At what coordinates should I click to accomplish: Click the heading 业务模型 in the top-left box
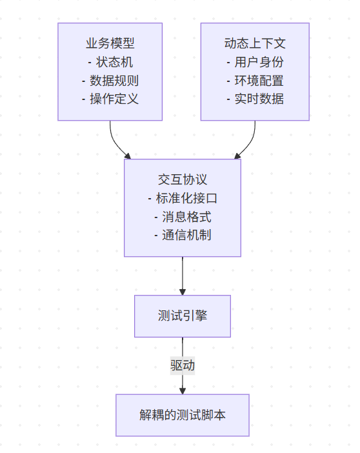pyautogui.click(x=110, y=44)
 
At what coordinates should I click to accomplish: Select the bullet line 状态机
pyautogui.click(x=110, y=63)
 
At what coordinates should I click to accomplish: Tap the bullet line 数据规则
pyautogui.click(x=110, y=81)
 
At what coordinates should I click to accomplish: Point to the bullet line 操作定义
pyautogui.click(x=110, y=99)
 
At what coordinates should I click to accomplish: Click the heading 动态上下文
pyautogui.click(x=255, y=44)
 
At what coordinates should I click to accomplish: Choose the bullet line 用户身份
pyautogui.click(x=255, y=63)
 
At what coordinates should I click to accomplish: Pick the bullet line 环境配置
pyautogui.click(x=255, y=81)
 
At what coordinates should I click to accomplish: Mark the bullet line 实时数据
pyautogui.click(x=255, y=99)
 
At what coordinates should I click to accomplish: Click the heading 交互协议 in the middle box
pyautogui.click(x=183, y=180)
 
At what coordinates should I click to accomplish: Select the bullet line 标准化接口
pyautogui.click(x=183, y=198)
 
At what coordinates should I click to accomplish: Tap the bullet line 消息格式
pyautogui.click(x=183, y=217)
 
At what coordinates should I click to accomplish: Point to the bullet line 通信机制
pyautogui.click(x=183, y=235)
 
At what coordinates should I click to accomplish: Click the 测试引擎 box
pyautogui.click(x=183, y=316)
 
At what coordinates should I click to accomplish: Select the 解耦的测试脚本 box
pyautogui.click(x=183, y=416)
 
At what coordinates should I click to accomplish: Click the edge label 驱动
pyautogui.click(x=183, y=365)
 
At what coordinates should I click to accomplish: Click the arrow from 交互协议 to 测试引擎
pyautogui.click(x=183, y=274)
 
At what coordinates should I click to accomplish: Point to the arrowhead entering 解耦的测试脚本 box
pyautogui.click(x=183, y=390)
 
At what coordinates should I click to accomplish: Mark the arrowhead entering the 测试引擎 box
pyautogui.click(x=183, y=292)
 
